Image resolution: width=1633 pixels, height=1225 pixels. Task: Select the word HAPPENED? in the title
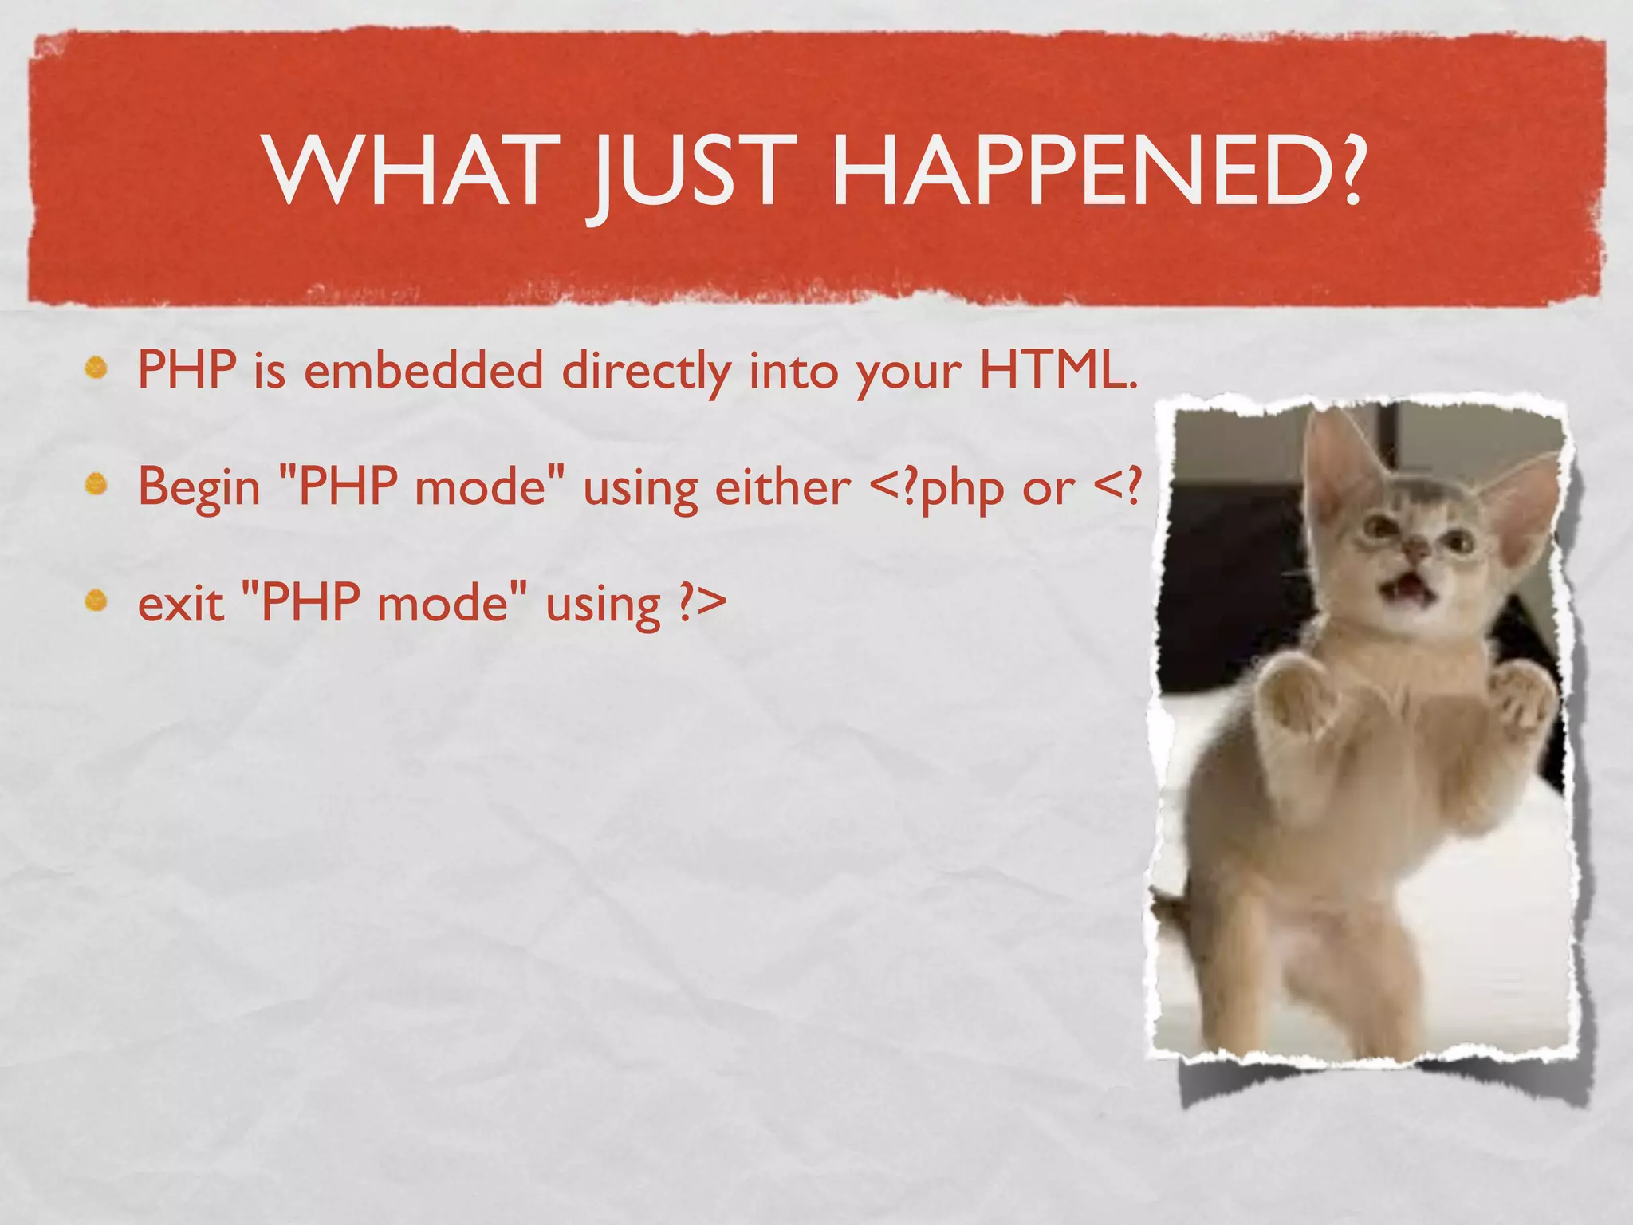tap(1097, 171)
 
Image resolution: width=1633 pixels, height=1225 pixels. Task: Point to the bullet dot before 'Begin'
tap(96, 484)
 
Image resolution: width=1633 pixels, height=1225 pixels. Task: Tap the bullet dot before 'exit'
tap(96, 600)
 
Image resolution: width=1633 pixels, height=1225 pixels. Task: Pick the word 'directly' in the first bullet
tap(646, 373)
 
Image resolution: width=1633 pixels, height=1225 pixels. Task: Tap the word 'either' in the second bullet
tap(782, 486)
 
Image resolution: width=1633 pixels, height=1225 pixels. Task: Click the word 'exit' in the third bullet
tap(180, 604)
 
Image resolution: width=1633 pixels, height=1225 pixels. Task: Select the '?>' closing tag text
tap(701, 605)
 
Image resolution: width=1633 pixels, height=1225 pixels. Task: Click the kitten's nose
tap(1415, 549)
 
